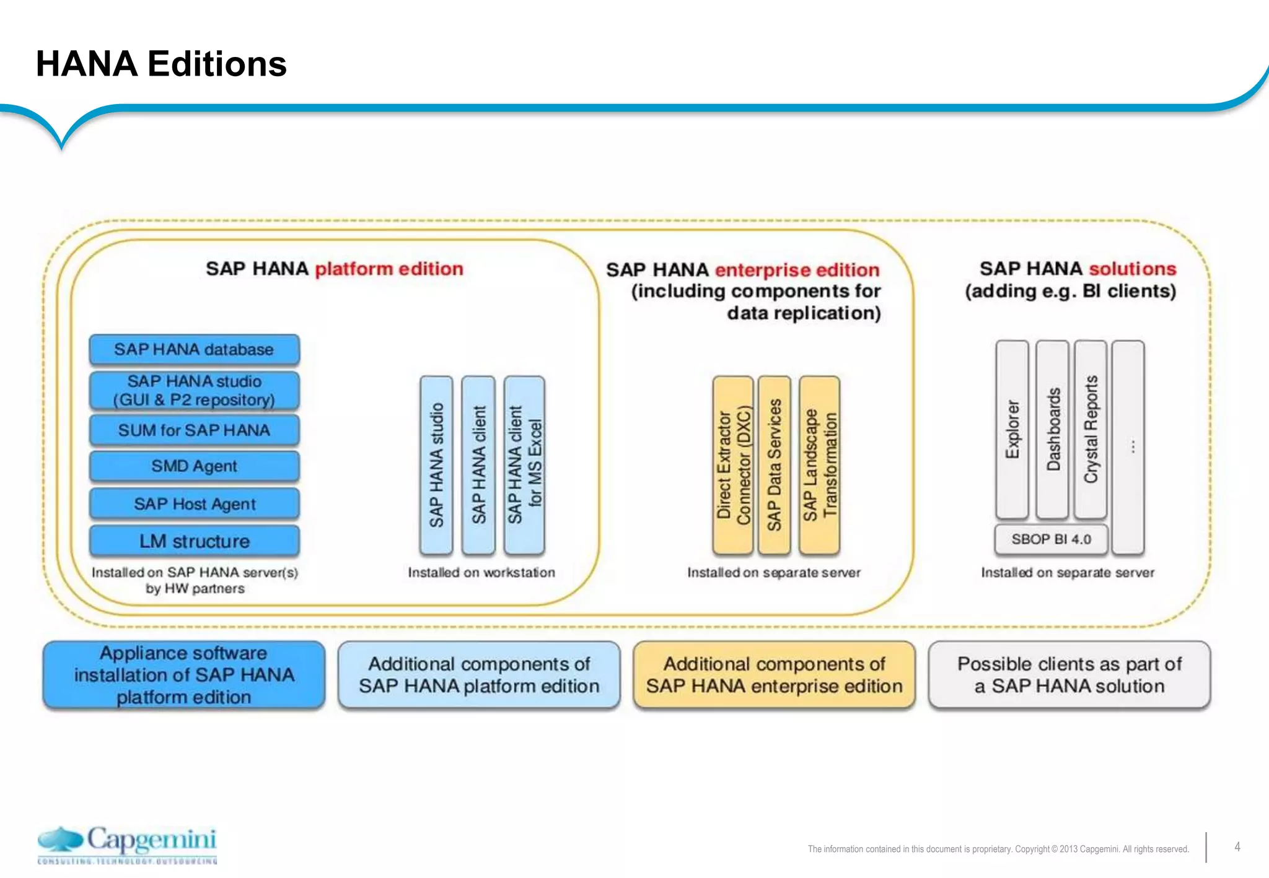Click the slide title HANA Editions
click(x=161, y=64)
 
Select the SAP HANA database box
click(x=194, y=349)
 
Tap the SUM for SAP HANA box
click(x=194, y=430)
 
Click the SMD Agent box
click(x=194, y=466)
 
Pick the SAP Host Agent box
click(x=194, y=504)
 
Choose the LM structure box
click(x=194, y=541)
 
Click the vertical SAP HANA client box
click(x=478, y=464)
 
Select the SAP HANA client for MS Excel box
click(x=524, y=464)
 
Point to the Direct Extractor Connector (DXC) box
click(x=733, y=464)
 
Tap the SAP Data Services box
click(x=775, y=464)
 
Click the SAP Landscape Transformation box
click(x=819, y=464)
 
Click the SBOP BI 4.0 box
click(x=1051, y=539)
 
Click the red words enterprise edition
click(x=797, y=270)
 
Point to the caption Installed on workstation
click(x=481, y=573)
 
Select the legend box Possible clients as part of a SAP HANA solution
click(x=1069, y=675)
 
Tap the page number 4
click(x=1237, y=847)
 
